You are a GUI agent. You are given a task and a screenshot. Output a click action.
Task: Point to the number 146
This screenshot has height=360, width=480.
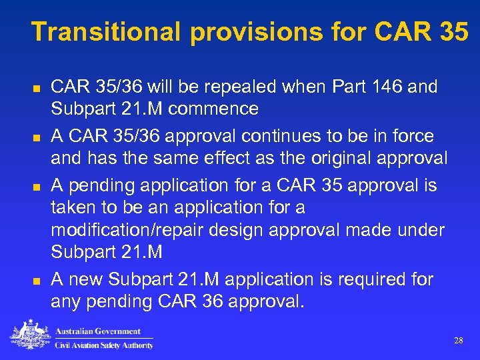(373, 87)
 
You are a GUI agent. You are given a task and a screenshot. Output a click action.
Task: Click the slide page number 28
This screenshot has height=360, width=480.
(459, 341)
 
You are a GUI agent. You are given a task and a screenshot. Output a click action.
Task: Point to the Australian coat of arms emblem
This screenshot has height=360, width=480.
(30, 335)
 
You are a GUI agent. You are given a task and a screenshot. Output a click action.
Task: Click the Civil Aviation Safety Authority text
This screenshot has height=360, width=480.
(103, 345)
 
